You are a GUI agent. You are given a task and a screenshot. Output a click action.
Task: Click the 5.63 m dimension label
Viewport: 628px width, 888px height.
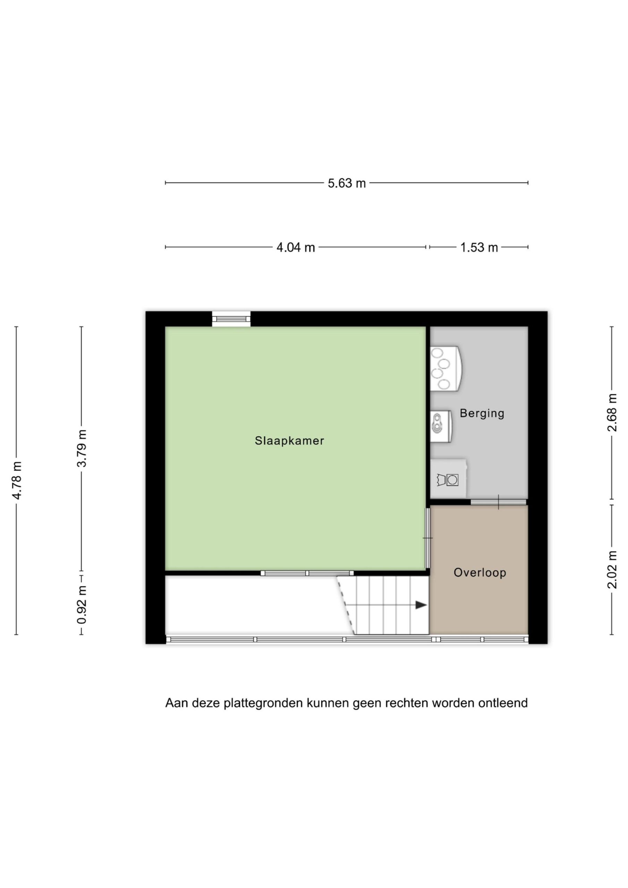347,183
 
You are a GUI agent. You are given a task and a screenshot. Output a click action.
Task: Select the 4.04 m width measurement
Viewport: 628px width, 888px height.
296,248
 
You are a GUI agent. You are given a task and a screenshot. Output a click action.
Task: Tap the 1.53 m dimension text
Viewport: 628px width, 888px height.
479,248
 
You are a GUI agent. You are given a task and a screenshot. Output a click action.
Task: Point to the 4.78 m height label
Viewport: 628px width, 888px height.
17,480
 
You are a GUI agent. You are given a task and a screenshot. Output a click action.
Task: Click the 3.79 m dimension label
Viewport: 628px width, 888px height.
82,448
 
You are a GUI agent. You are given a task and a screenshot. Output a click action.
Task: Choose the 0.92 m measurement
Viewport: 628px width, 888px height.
82,605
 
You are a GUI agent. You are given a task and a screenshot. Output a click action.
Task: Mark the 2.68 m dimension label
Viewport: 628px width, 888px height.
612,412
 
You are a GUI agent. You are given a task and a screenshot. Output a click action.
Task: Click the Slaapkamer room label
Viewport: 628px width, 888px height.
289,441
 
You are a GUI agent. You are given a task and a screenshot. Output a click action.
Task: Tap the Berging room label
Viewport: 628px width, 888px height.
482,413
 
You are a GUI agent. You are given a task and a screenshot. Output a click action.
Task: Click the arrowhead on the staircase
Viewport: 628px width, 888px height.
421,605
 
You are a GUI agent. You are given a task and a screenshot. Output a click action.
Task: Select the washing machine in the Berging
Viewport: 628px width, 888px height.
448,478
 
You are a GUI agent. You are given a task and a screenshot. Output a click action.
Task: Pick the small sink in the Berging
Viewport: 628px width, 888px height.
441,427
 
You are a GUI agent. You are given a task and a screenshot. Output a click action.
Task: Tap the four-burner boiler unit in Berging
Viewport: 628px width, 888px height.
446,368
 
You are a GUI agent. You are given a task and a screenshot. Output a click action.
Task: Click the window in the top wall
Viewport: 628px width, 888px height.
231,319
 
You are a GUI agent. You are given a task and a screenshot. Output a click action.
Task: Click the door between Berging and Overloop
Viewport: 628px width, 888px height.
498,502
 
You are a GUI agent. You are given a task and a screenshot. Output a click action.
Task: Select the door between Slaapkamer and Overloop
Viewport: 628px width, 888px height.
427,538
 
